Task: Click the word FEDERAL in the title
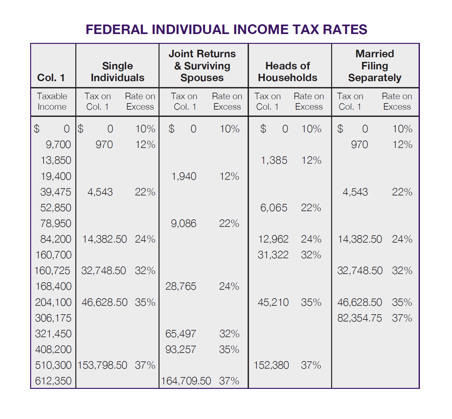tap(116, 29)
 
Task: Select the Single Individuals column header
tap(117, 72)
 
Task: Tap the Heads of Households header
tap(287, 72)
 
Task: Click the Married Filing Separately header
tap(375, 66)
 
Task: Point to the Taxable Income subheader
tap(52, 101)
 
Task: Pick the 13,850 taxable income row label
tap(56, 160)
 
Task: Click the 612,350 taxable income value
tap(53, 381)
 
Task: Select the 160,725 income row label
tap(52, 271)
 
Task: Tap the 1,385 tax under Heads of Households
tap(274, 160)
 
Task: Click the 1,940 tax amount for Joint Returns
tap(184, 176)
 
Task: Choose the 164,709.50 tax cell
tap(186, 381)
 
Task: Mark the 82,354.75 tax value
tap(359, 318)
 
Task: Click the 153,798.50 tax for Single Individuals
tap(102, 365)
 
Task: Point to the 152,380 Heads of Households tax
tap(271, 365)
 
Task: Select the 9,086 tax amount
tap(183, 224)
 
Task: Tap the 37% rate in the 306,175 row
tap(402, 318)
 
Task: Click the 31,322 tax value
tap(273, 255)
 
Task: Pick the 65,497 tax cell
tap(180, 334)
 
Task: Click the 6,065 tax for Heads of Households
tap(273, 208)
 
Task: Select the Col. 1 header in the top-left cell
tap(51, 78)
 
